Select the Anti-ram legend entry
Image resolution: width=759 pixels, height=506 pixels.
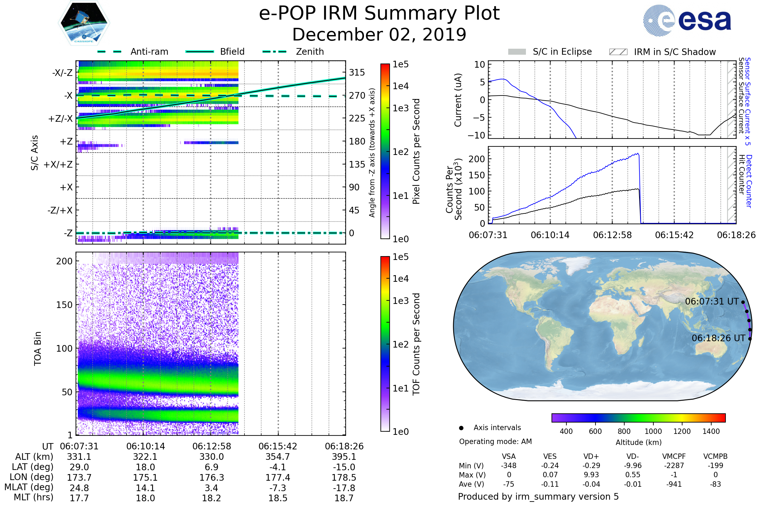tap(149, 52)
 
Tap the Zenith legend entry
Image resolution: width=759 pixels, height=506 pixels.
tap(310, 52)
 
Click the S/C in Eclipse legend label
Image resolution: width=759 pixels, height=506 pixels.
tap(562, 52)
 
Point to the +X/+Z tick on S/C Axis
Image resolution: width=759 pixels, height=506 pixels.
tap(58, 164)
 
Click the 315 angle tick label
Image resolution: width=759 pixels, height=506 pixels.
tap(357, 72)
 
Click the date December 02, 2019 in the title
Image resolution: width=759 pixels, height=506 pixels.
tap(379, 35)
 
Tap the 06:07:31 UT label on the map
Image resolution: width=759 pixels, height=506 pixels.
tap(712, 301)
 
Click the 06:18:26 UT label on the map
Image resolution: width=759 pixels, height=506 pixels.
tap(718, 338)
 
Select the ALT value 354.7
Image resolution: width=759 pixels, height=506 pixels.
tap(278, 457)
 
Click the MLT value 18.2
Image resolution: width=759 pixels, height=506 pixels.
tap(211, 498)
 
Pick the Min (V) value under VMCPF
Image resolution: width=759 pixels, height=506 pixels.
tap(674, 466)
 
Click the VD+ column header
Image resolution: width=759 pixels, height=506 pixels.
tap(591, 456)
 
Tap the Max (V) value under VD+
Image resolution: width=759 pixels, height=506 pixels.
tap(591, 475)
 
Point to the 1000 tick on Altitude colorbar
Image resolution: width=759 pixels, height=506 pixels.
tap(653, 431)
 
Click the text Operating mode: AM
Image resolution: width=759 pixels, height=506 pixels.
tap(495, 441)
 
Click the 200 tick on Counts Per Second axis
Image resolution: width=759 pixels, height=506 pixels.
tap(477, 159)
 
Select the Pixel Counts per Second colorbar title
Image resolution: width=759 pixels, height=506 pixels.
tap(416, 151)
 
